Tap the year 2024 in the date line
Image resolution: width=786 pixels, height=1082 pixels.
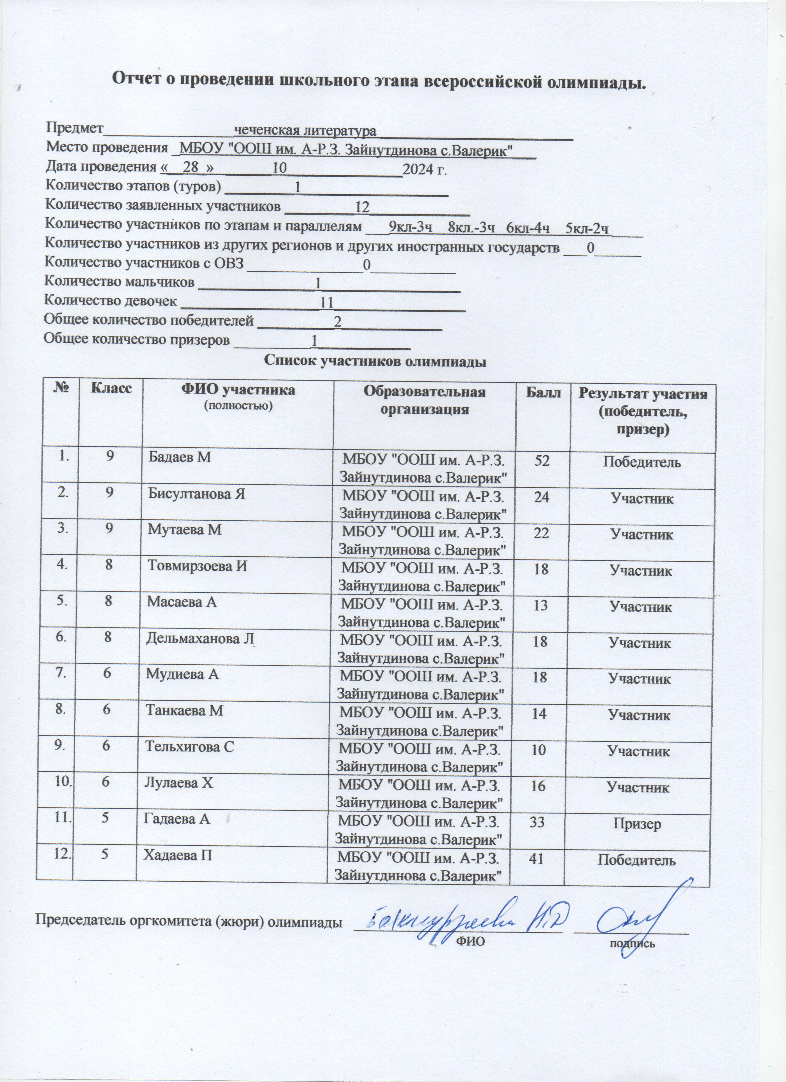coord(416,169)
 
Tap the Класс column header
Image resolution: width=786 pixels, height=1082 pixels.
coord(111,387)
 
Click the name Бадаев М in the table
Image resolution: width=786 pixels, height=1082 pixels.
coord(179,457)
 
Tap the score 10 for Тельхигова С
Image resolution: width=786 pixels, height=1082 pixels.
coord(538,750)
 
